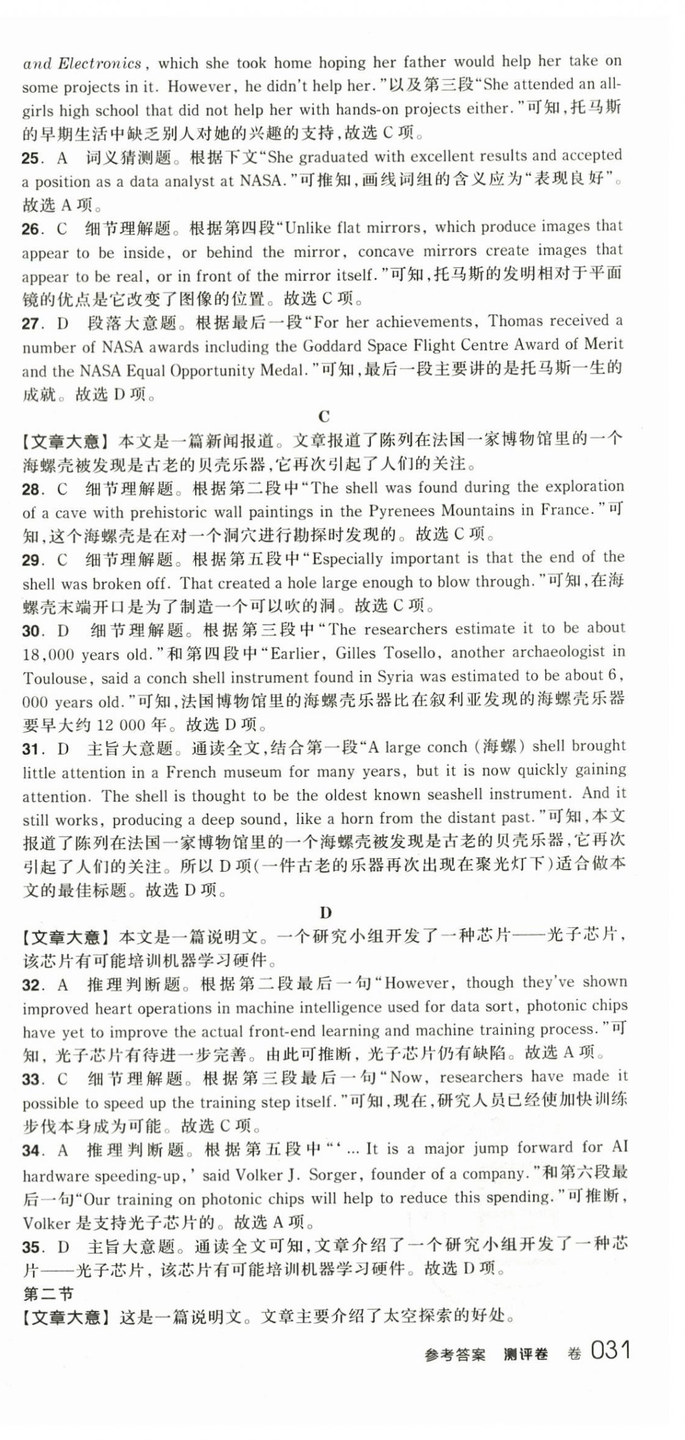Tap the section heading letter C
[324, 417]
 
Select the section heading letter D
[326, 913]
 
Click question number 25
[31, 158]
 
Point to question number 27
[31, 323]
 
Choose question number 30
[31, 631]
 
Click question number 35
[31, 1247]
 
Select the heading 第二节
[48, 1294]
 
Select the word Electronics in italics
[100, 63]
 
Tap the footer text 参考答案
[454, 1354]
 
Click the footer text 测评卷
[525, 1354]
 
